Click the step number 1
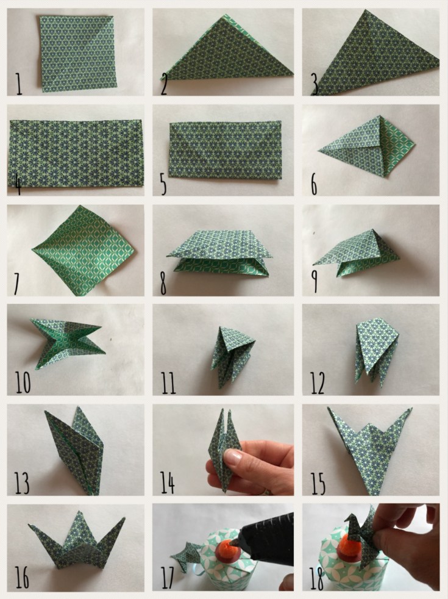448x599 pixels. click(x=18, y=84)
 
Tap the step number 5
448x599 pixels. click(x=163, y=184)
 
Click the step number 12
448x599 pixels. click(x=318, y=383)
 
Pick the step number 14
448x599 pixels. click(x=167, y=482)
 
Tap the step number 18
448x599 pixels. click(x=317, y=578)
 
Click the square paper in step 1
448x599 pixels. click(x=78, y=53)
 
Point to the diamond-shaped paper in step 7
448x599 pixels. click(x=84, y=250)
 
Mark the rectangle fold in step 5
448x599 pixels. click(x=225, y=150)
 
